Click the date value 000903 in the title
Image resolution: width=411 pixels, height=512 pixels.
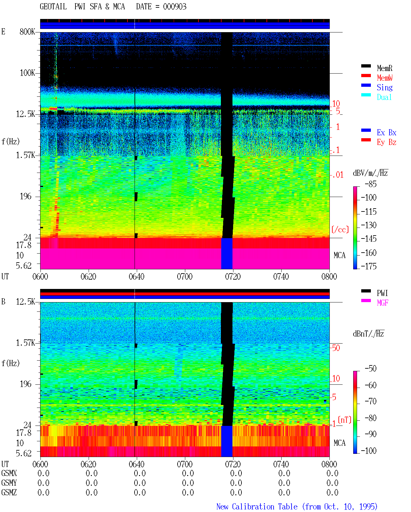coord(174,7)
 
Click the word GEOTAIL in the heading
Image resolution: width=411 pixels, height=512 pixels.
coord(53,7)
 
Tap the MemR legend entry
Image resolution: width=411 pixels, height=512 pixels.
coord(384,68)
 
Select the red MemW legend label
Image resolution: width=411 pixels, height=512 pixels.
coord(385,78)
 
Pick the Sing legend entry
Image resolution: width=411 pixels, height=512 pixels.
coord(384,87)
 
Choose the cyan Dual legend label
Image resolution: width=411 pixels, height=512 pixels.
coord(384,97)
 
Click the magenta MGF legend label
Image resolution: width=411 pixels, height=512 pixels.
coord(382,303)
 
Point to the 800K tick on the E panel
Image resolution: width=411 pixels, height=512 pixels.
coord(27,31)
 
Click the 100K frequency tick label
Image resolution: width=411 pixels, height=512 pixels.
coord(27,73)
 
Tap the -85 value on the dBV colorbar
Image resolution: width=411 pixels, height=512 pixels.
coord(371,184)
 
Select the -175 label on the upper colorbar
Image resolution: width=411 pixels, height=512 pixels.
coord(369,266)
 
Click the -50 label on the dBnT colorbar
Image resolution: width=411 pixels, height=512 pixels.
coord(371,369)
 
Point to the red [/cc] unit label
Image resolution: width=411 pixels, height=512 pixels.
coord(340,229)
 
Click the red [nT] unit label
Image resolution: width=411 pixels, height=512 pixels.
coord(345,420)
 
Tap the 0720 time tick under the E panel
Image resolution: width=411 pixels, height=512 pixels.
coord(233,277)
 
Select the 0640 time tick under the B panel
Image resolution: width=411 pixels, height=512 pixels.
coord(136,464)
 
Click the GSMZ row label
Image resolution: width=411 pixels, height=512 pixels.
coord(9,492)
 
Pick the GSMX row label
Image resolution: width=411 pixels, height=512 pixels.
coord(9,473)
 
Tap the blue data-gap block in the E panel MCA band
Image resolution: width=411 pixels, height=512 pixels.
coord(227,253)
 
